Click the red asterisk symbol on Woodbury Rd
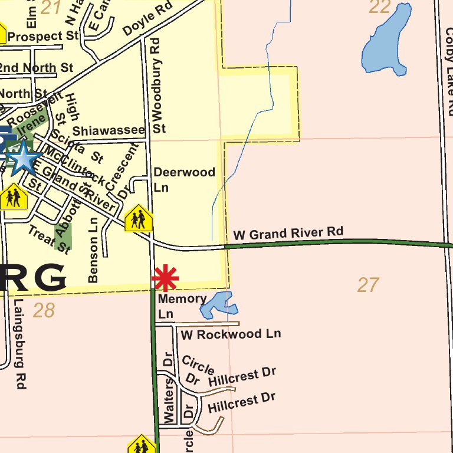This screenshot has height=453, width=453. click(165, 278)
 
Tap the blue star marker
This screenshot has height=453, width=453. click(23, 158)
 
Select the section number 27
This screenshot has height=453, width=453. click(368, 285)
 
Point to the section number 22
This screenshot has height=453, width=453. click(380, 7)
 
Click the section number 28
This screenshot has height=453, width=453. click(44, 310)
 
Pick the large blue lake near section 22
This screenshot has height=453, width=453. click(386, 41)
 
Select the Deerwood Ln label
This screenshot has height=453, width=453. click(184, 179)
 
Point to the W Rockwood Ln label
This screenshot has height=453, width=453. click(231, 334)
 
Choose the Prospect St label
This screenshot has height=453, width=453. click(43, 37)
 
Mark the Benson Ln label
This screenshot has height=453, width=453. click(93, 250)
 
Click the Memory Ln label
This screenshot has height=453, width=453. click(182, 306)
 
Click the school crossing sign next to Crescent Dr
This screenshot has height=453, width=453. click(139, 218)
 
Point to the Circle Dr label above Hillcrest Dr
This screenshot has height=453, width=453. click(196, 370)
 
